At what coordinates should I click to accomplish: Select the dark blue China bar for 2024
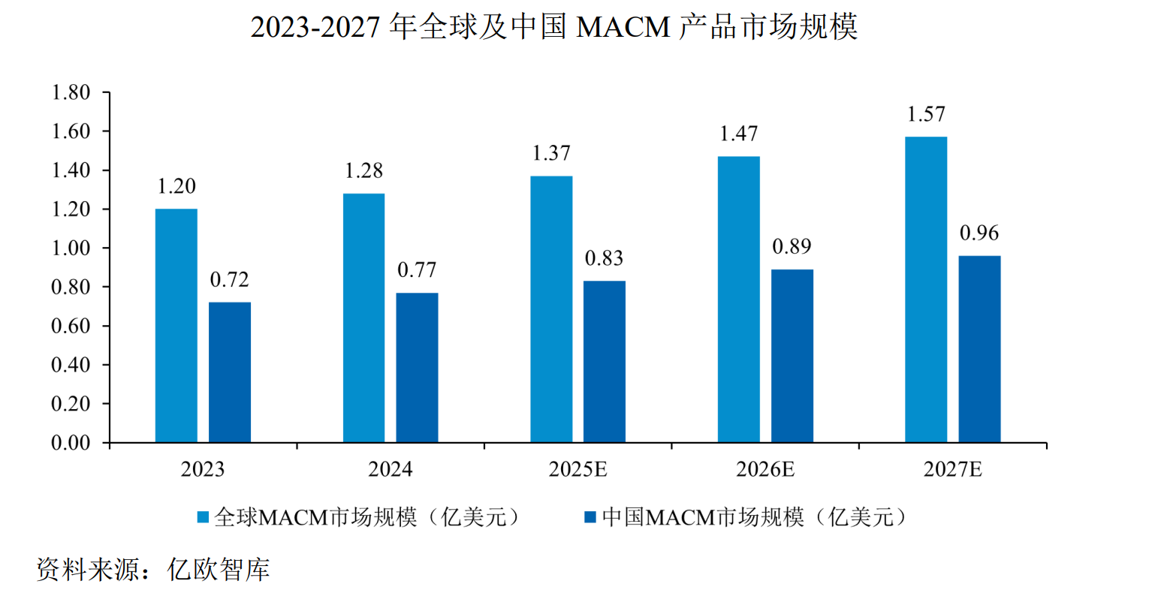pos(417,367)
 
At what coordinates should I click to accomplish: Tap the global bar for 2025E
pos(551,309)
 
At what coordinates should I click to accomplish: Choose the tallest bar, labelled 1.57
pos(926,289)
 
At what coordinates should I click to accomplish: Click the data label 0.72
pos(229,280)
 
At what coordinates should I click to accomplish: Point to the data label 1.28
pos(363,171)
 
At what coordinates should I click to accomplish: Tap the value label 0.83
pos(604,259)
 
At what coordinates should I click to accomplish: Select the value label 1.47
pos(739,134)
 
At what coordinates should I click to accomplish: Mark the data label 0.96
pos(979,233)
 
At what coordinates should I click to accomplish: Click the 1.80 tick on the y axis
pos(71,93)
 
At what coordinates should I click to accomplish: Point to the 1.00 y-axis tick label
pos(71,248)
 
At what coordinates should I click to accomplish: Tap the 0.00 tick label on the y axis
pos(71,443)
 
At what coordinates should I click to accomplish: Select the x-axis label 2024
pos(390,470)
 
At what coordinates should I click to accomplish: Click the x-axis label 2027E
pos(952,470)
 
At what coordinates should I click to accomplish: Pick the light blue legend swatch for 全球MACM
pos(203,517)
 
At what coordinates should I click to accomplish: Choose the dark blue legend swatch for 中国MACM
pos(590,517)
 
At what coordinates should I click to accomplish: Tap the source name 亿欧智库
pos(219,570)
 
